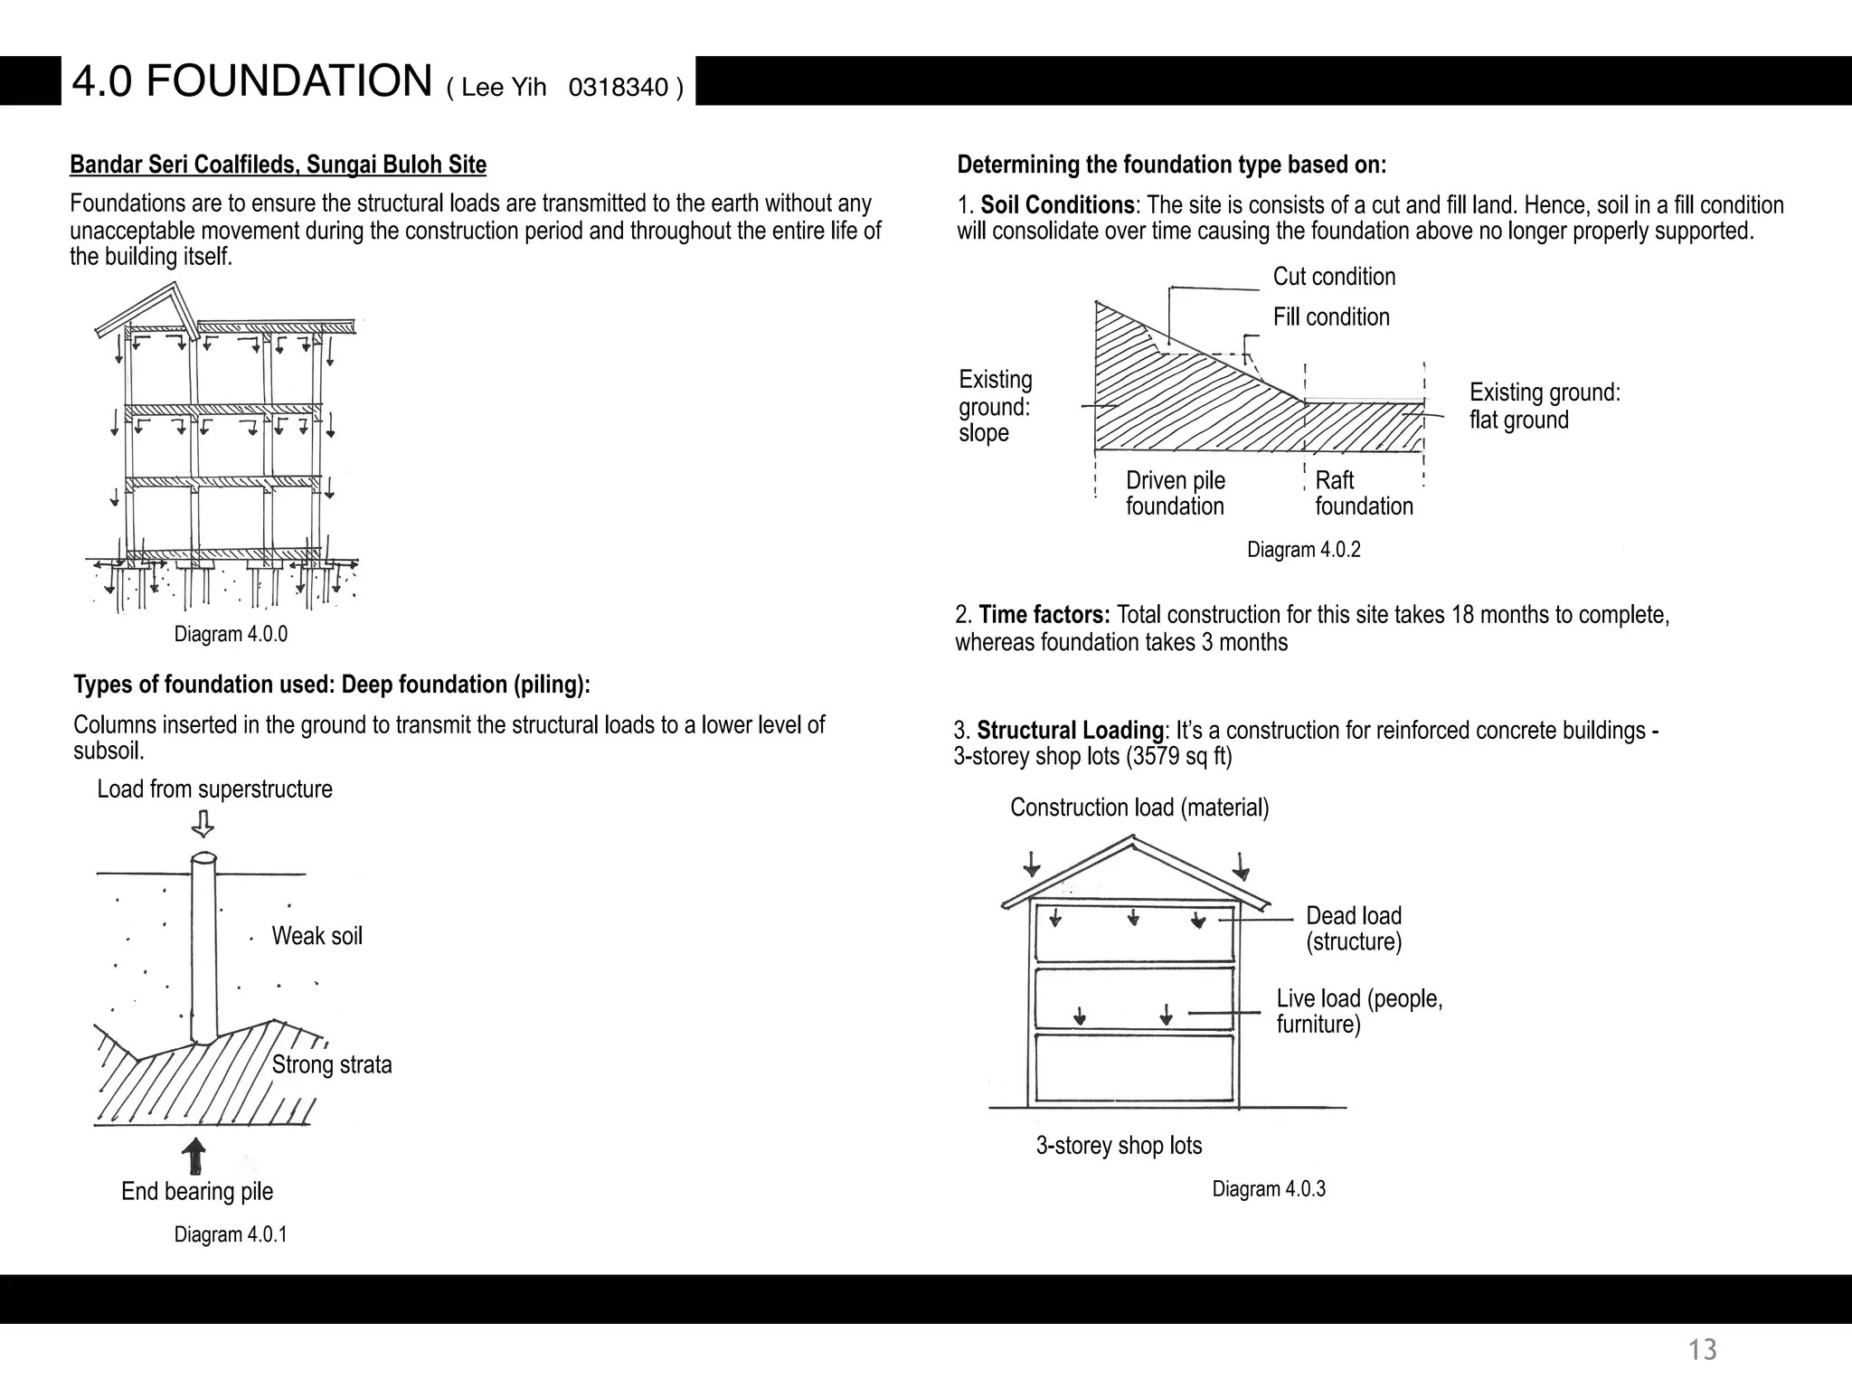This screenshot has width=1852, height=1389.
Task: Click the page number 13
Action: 1702,1350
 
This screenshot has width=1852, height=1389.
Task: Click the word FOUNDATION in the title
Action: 288,80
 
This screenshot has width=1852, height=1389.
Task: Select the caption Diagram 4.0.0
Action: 231,635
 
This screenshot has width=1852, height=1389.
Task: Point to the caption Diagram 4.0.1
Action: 231,1235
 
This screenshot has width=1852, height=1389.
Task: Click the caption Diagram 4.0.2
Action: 1303,550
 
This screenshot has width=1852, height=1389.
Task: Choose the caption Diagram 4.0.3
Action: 1269,1189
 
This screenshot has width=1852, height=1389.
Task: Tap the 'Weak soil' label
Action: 317,936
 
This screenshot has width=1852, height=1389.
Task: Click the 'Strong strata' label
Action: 332,1064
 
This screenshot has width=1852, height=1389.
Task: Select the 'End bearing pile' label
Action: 197,1192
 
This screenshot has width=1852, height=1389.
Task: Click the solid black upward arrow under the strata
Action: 194,1156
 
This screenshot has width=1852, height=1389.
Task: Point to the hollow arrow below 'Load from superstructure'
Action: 203,824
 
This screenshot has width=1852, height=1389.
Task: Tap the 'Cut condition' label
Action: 1334,277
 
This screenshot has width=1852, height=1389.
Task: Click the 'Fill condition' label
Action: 1331,317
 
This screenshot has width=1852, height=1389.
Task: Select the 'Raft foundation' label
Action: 1363,493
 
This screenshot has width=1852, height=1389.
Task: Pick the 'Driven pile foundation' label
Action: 1175,493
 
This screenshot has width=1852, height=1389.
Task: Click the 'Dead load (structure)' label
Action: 1354,929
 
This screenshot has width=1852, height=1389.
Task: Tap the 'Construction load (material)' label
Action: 1139,808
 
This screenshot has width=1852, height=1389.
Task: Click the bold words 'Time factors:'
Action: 1044,615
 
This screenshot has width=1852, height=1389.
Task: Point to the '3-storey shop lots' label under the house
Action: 1119,1146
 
